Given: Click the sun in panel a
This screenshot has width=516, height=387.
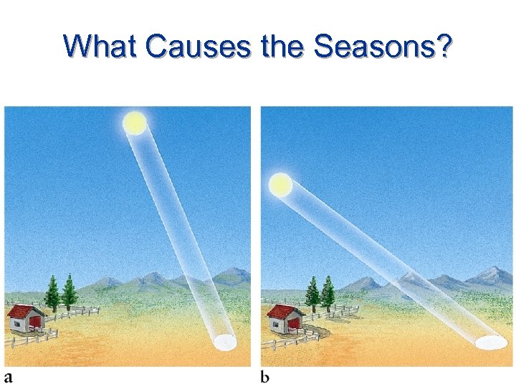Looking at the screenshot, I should [x=134, y=123].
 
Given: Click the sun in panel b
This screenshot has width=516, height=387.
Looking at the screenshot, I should [x=280, y=185].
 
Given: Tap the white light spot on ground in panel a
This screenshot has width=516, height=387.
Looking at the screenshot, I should [x=225, y=343].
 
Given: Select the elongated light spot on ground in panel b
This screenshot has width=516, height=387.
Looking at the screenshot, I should [x=490, y=343].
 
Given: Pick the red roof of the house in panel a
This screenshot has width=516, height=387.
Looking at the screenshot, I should [x=27, y=312].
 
